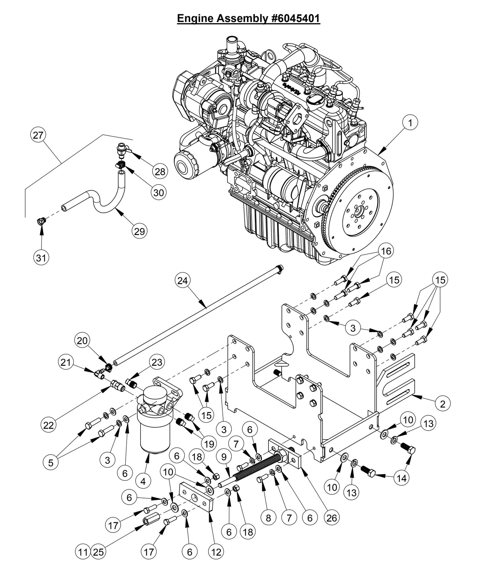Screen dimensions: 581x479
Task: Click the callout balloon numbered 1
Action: (x=410, y=123)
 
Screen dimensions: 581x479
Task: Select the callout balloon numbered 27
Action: (x=38, y=135)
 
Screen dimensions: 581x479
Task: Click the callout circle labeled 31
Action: (x=41, y=257)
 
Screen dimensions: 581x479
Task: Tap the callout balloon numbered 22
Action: (x=48, y=425)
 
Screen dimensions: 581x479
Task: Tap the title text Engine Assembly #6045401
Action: (x=249, y=18)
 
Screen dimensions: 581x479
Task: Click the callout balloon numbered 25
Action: (x=99, y=552)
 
